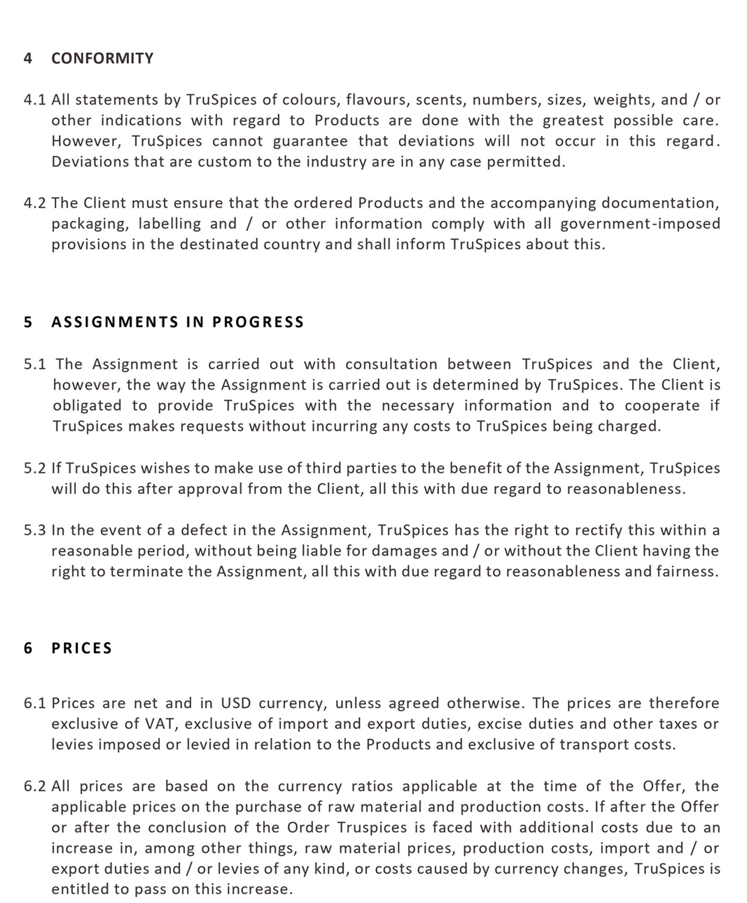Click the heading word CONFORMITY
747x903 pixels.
pos(102,59)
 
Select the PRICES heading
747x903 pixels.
pos(82,649)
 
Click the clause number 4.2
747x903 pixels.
pos(34,203)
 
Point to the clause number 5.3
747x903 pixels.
pos(34,530)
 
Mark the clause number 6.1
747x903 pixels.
pos(34,704)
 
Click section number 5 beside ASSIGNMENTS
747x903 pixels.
pos(28,322)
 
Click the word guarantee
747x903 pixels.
pos(310,141)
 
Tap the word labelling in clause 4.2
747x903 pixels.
pos(170,224)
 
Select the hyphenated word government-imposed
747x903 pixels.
pos(640,224)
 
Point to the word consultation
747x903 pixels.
pos(391,365)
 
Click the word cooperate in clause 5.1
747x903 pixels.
pos(662,406)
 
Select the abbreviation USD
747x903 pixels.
pos(236,704)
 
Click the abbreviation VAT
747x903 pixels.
pos(161,724)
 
